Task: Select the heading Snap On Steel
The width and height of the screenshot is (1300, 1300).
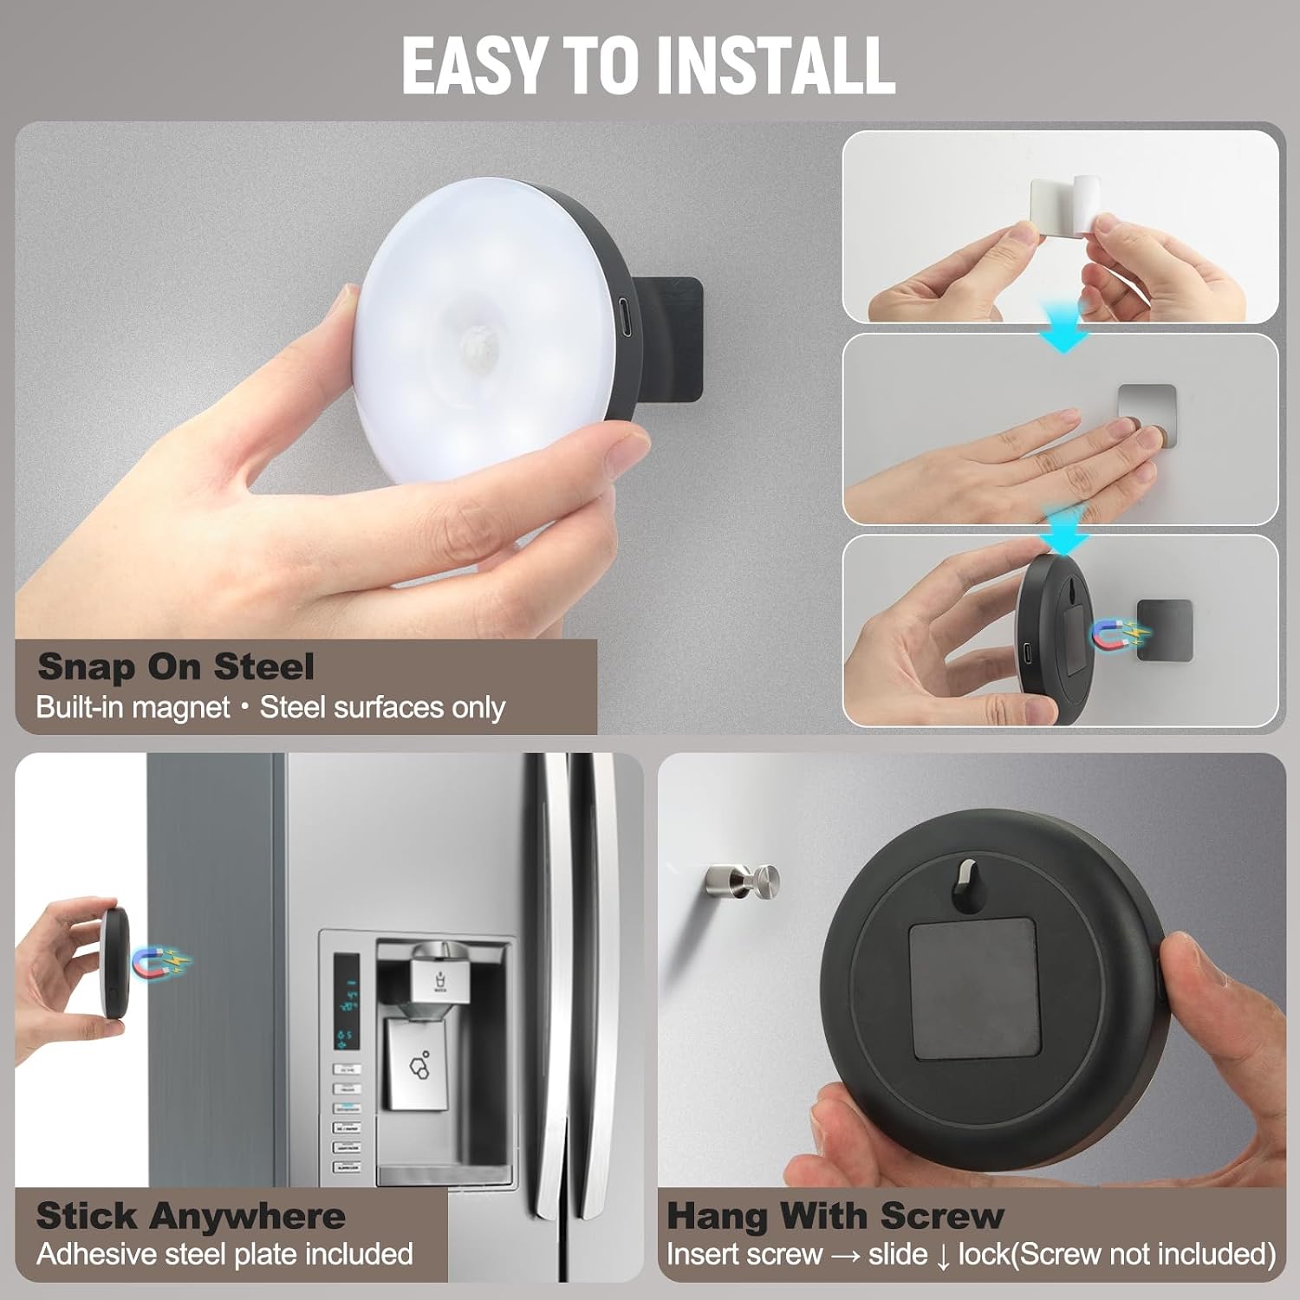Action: (x=176, y=666)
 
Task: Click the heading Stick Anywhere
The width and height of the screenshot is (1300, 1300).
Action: (x=191, y=1216)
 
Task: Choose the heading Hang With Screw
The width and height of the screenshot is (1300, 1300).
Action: (x=835, y=1216)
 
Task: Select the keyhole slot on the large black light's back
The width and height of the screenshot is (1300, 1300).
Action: (x=965, y=884)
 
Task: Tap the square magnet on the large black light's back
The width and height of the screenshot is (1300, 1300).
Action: (x=974, y=989)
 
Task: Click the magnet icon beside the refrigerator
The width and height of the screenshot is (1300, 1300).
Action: (x=159, y=961)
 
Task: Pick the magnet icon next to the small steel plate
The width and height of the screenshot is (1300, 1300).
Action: (x=1119, y=636)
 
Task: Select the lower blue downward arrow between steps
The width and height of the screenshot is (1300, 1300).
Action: (x=1063, y=530)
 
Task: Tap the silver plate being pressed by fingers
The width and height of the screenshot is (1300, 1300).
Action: (x=1147, y=414)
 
